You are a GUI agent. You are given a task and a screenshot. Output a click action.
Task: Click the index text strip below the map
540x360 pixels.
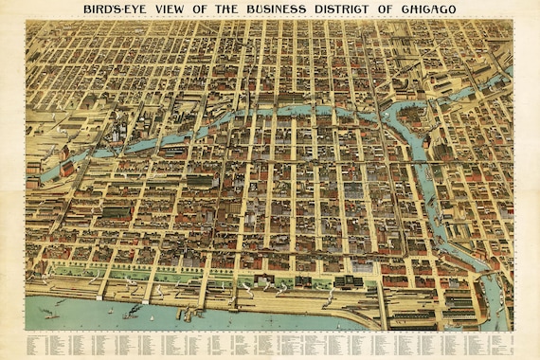point(270,343)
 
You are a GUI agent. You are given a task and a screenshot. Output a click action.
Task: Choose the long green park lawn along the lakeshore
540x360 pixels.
point(142,275)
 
